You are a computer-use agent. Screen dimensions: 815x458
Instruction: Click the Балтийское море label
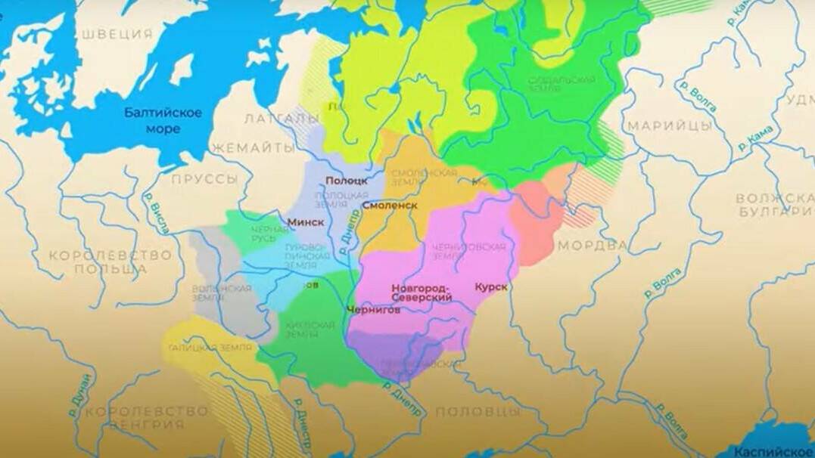pos(163,121)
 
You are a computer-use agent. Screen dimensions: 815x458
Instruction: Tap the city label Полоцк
pos(347,181)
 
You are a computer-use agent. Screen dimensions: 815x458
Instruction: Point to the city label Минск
pos(306,222)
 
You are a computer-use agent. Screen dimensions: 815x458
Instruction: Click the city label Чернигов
pos(373,309)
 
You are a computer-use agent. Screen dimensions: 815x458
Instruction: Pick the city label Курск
pos(491,286)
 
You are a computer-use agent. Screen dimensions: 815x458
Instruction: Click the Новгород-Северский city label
pos(421,293)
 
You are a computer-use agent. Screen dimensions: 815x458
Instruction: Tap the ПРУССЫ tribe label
pos(204,180)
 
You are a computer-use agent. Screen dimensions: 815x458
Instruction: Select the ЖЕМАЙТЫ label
pos(252,149)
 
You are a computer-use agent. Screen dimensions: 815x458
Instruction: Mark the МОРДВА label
pos(593,246)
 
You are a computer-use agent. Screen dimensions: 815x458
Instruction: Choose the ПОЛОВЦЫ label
pos(479,412)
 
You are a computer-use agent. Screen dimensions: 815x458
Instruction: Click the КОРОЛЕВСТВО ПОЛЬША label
pos(110,261)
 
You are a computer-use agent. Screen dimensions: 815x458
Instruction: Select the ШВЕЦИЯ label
pos(117,34)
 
